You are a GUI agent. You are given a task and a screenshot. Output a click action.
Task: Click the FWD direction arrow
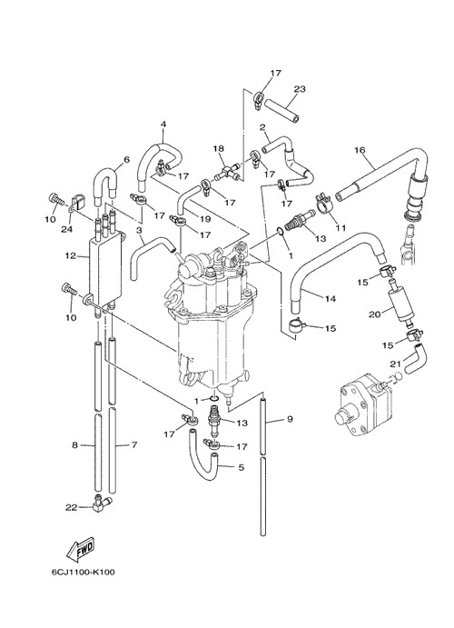tap(81, 548)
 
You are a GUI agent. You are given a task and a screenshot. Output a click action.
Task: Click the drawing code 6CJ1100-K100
tap(83, 572)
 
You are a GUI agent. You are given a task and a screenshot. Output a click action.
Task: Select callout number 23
tap(300, 89)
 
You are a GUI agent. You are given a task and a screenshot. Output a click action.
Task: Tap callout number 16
tap(360, 150)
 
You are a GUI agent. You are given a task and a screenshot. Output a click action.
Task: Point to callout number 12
tap(71, 255)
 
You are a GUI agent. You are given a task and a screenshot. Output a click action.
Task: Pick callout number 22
tap(71, 507)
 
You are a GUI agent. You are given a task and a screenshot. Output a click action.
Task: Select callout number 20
tap(374, 314)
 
